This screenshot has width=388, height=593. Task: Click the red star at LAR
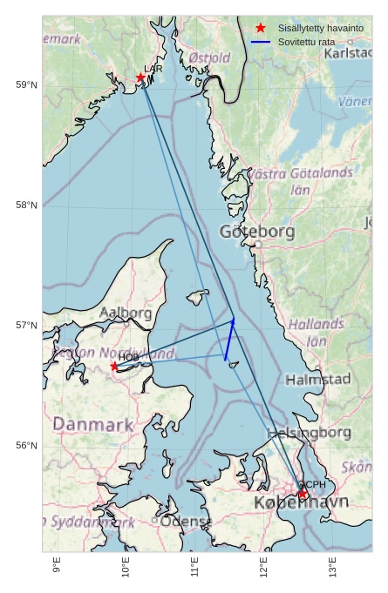(140, 77)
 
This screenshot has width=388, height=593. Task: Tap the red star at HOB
(114, 367)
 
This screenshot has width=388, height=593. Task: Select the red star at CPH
(303, 495)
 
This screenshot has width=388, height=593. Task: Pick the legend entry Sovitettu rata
(306, 42)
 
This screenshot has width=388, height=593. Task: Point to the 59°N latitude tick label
(26, 84)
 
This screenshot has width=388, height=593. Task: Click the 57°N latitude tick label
(26, 326)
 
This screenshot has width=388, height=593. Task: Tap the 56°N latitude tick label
(26, 446)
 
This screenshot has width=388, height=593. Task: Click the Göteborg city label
(257, 232)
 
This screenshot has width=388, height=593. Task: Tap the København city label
(301, 503)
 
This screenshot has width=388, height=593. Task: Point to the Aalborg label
(126, 312)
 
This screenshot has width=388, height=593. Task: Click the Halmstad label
(317, 380)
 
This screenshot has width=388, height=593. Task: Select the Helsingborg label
(310, 433)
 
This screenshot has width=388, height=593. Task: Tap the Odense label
(186, 522)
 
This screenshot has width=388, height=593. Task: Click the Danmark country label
(93, 425)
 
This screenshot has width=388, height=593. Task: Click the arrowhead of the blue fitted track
(233, 321)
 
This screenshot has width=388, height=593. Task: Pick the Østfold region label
(209, 57)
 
